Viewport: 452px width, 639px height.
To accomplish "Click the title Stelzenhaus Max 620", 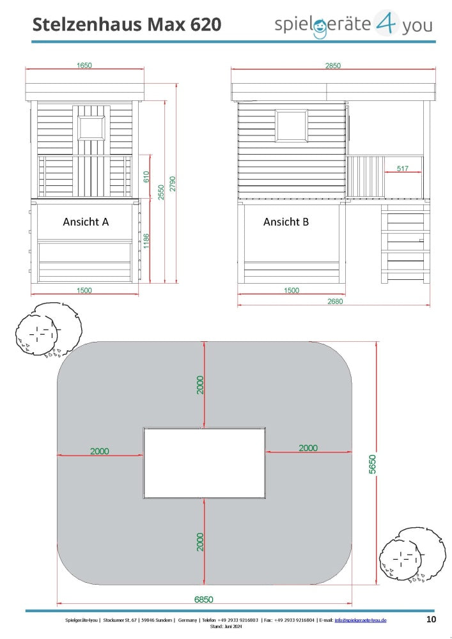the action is click(127, 24).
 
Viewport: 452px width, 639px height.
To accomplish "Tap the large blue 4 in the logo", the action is click(384, 23).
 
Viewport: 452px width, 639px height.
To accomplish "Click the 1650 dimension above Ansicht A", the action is click(84, 65).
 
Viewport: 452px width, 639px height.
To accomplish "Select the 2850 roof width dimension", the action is click(333, 66).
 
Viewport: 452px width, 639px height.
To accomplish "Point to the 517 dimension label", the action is click(402, 168).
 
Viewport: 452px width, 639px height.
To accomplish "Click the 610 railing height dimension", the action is click(147, 176).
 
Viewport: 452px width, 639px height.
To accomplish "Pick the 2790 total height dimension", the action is click(173, 184).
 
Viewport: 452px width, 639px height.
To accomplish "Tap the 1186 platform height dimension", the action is click(147, 241).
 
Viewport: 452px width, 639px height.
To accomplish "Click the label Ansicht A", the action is click(86, 222).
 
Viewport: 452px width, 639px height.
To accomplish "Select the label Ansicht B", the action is click(286, 222).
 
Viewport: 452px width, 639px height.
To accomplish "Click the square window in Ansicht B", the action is click(291, 126).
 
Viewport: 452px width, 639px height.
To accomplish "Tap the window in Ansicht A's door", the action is click(91, 128).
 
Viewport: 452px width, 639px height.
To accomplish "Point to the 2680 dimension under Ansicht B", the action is click(335, 301).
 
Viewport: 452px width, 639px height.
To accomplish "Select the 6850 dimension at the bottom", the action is click(203, 599).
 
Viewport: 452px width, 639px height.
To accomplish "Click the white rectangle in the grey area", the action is click(204, 463).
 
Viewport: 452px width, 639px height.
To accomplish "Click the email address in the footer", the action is click(361, 620).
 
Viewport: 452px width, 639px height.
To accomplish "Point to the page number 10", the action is click(431, 619).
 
